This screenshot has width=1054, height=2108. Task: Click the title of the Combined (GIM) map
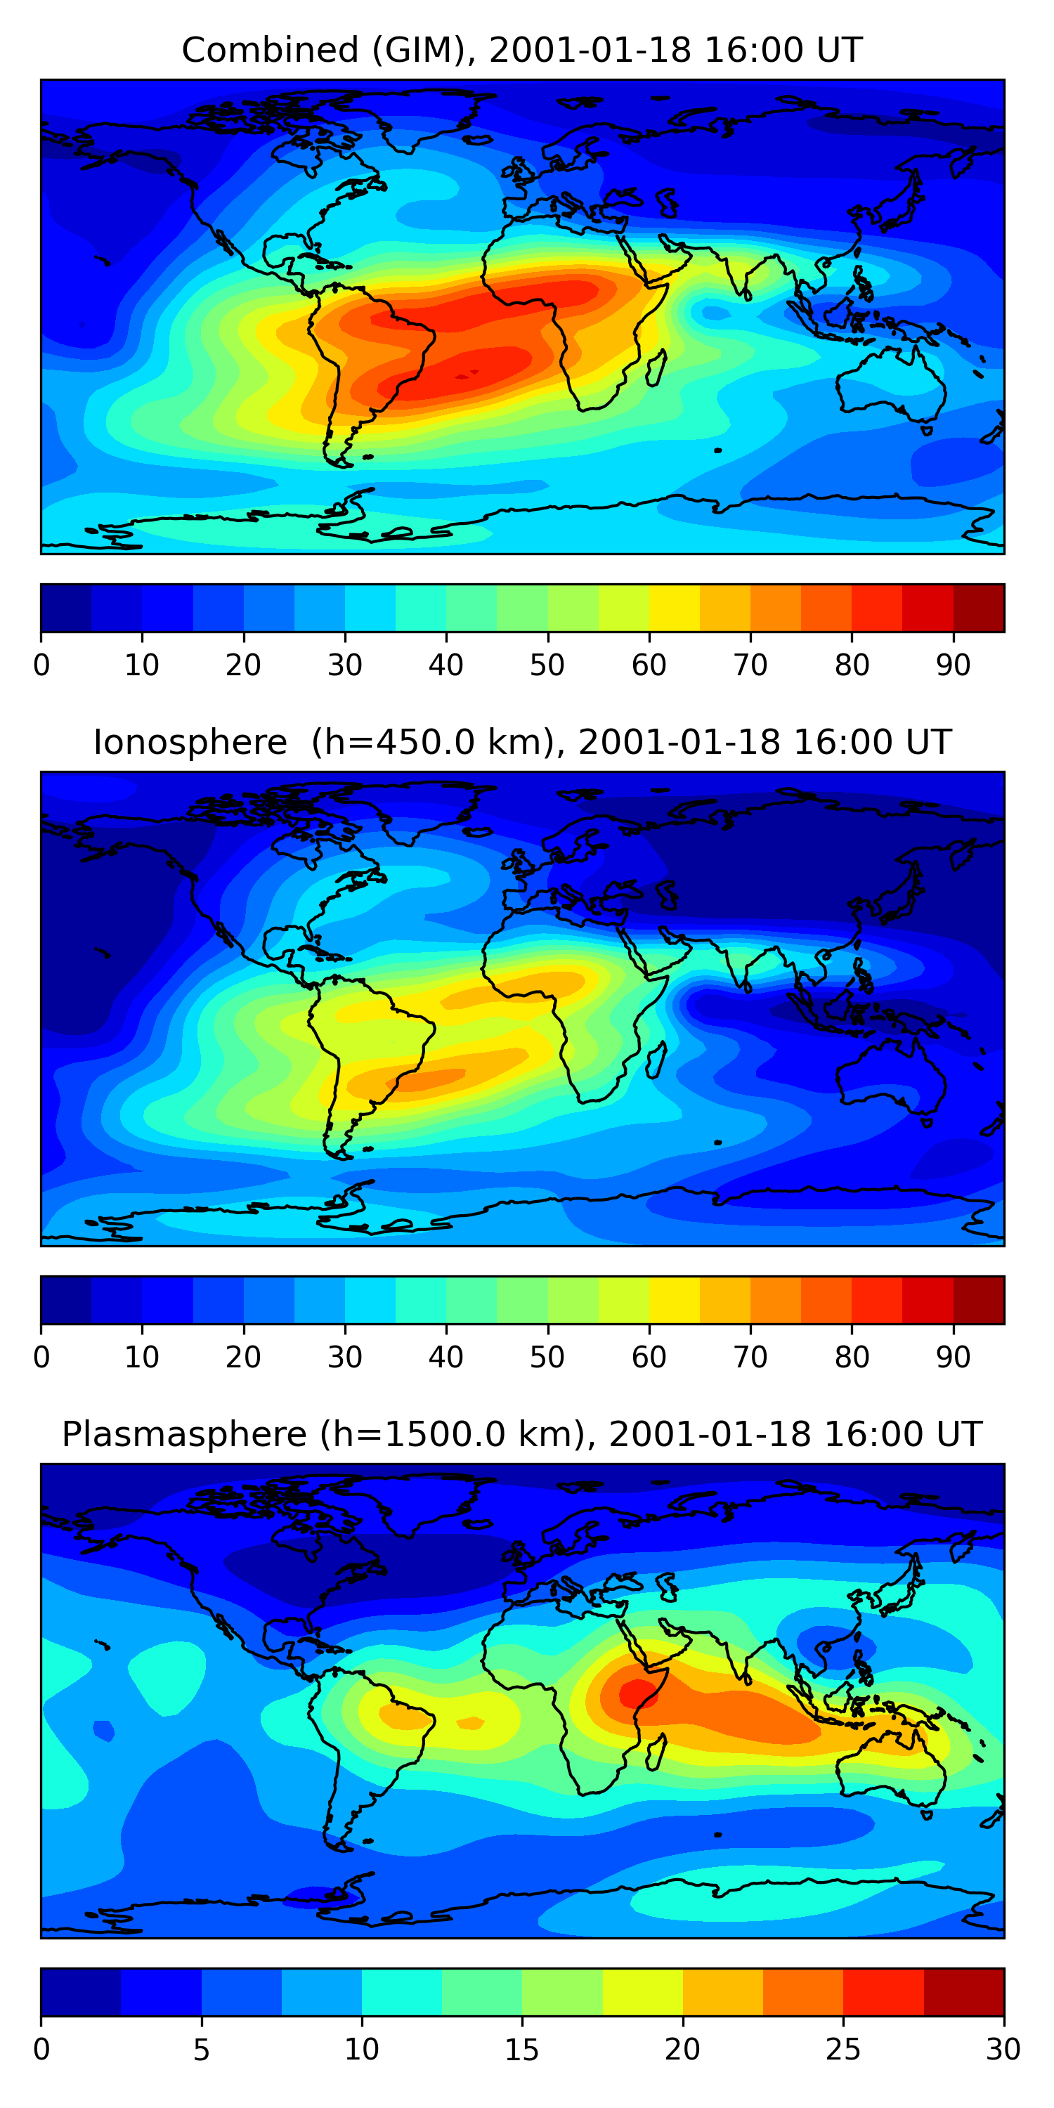[x=522, y=50]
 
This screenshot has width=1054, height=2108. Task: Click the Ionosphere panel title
[x=522, y=742]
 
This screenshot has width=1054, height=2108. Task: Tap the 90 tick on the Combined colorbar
[x=954, y=665]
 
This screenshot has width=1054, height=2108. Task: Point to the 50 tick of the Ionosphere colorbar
[x=547, y=1357]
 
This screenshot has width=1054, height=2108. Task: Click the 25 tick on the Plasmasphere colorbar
[x=843, y=2049]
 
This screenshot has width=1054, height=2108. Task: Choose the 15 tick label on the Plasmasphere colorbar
[x=522, y=2049]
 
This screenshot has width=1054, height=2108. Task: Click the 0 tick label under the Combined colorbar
[x=41, y=665]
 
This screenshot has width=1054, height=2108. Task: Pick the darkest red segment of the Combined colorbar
[x=979, y=608]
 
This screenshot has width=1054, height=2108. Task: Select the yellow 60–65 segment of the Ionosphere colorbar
[x=675, y=1299]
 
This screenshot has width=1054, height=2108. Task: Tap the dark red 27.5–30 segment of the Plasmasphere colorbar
[x=964, y=1992]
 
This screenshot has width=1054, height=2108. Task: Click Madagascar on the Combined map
[x=656, y=368]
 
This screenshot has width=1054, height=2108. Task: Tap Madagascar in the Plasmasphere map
[x=656, y=1752]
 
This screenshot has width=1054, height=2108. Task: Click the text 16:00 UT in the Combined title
[x=782, y=50]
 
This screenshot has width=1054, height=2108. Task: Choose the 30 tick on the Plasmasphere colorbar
[x=1003, y=2049]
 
